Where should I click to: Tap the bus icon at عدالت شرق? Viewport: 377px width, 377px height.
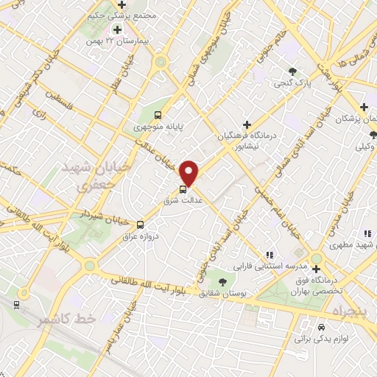[183, 189]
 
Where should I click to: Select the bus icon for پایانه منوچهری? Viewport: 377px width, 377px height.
[158, 114]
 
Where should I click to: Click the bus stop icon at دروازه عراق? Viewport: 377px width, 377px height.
[140, 222]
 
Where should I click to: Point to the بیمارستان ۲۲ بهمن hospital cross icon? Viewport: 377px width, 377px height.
[117, 29]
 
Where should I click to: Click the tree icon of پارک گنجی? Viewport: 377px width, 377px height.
[293, 71]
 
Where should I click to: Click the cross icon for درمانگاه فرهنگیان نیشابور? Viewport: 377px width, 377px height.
[247, 124]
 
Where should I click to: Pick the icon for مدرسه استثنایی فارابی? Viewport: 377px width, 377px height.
[268, 253]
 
